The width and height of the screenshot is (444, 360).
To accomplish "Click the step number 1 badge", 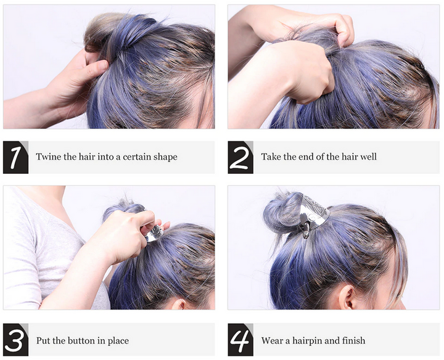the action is [15, 157].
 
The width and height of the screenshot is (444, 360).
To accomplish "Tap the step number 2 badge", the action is [240, 157].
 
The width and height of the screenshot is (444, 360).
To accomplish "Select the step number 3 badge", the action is [15, 340].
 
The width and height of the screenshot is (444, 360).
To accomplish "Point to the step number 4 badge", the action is [240, 340].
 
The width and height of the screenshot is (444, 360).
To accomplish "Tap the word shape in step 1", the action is [165, 157].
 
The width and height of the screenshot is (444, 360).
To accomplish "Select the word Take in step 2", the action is [271, 157].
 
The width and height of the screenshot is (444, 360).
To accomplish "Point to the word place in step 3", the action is [118, 341].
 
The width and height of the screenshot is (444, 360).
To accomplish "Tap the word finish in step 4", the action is [354, 340].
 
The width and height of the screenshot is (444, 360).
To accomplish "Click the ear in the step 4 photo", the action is [346, 297].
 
